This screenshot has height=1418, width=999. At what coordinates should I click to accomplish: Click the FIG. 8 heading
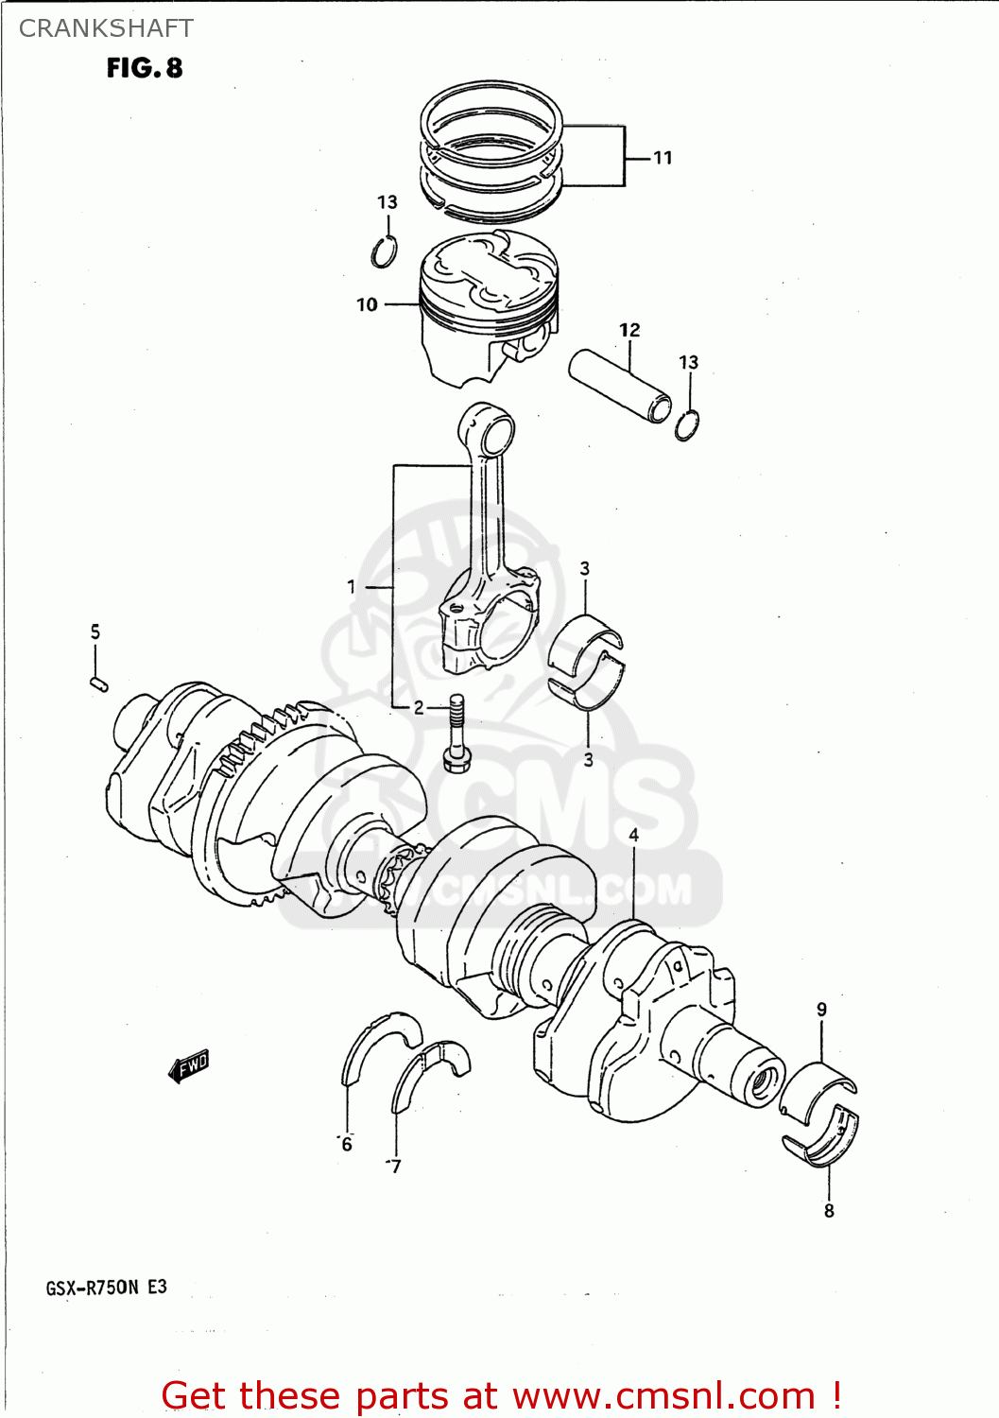pyautogui.click(x=144, y=68)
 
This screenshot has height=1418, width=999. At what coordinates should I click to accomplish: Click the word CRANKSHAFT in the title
pyautogui.click(x=106, y=28)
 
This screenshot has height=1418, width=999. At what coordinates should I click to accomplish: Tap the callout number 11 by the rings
pyautogui.click(x=663, y=158)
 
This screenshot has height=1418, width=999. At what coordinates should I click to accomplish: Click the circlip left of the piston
pyautogui.click(x=384, y=252)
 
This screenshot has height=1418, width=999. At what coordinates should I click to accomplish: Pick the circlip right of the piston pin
pyautogui.click(x=687, y=425)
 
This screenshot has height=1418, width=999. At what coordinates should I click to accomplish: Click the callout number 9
pyautogui.click(x=821, y=1010)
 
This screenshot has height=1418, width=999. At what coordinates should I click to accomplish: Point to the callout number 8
pyautogui.click(x=829, y=1211)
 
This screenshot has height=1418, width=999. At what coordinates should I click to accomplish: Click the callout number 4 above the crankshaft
pyautogui.click(x=633, y=835)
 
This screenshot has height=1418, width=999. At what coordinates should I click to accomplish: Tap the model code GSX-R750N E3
pyautogui.click(x=106, y=1287)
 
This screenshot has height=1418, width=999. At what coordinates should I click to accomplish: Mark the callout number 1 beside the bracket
pyautogui.click(x=351, y=587)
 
